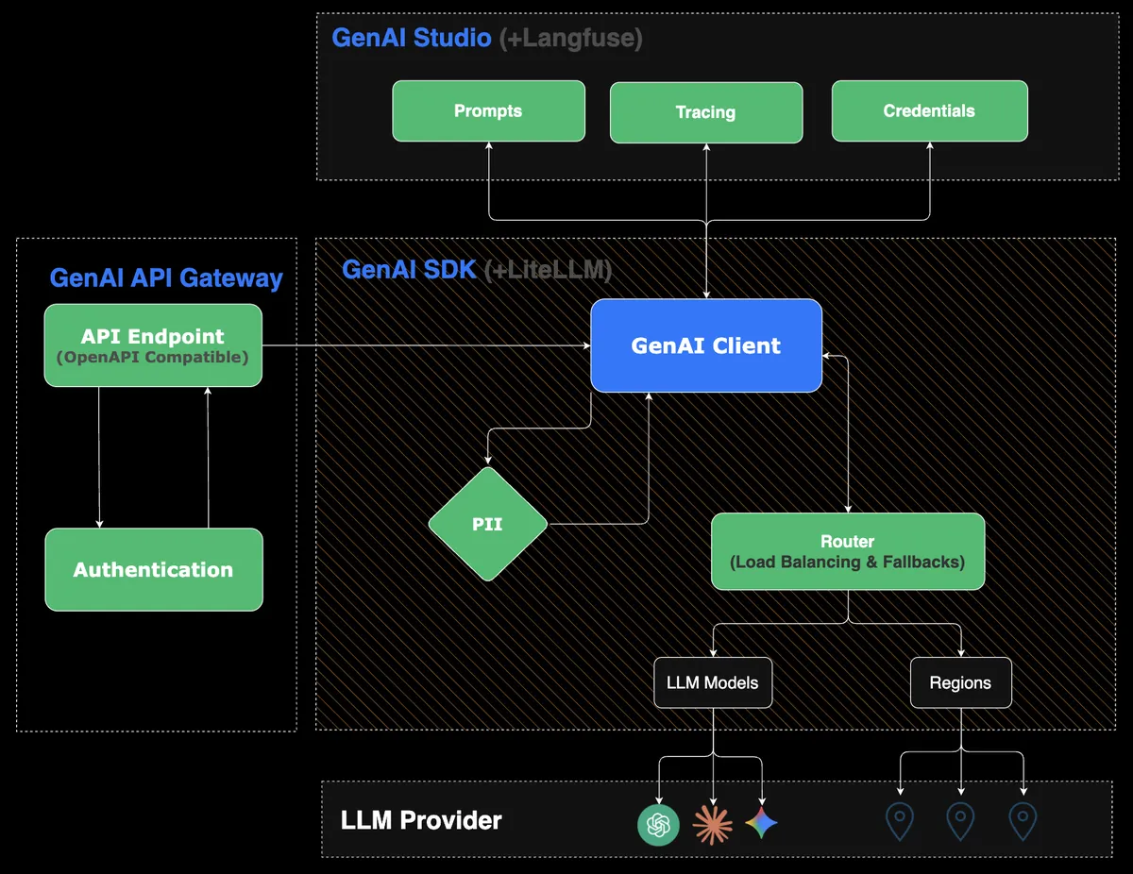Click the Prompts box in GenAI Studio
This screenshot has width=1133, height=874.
click(488, 111)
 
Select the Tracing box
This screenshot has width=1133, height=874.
click(705, 112)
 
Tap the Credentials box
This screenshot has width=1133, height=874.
click(929, 111)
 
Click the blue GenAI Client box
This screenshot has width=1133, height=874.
click(706, 345)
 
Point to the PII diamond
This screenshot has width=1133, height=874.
click(487, 524)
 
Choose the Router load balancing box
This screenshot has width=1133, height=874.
click(847, 552)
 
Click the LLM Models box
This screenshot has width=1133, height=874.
click(713, 682)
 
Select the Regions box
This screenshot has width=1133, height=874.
click(960, 682)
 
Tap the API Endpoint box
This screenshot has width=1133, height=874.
click(153, 345)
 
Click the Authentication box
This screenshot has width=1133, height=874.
click(154, 569)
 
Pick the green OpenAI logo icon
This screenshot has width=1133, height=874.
click(658, 825)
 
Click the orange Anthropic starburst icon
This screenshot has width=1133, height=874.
click(712, 824)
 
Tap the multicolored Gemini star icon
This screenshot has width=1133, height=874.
click(762, 823)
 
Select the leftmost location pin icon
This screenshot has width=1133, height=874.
click(900, 822)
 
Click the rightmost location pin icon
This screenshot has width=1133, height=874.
click(1023, 822)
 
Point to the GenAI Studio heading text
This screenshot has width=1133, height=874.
click(412, 39)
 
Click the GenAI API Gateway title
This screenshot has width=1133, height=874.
click(166, 278)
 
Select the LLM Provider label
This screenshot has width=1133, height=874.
click(421, 820)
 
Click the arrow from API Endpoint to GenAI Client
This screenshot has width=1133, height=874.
click(425, 345)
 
